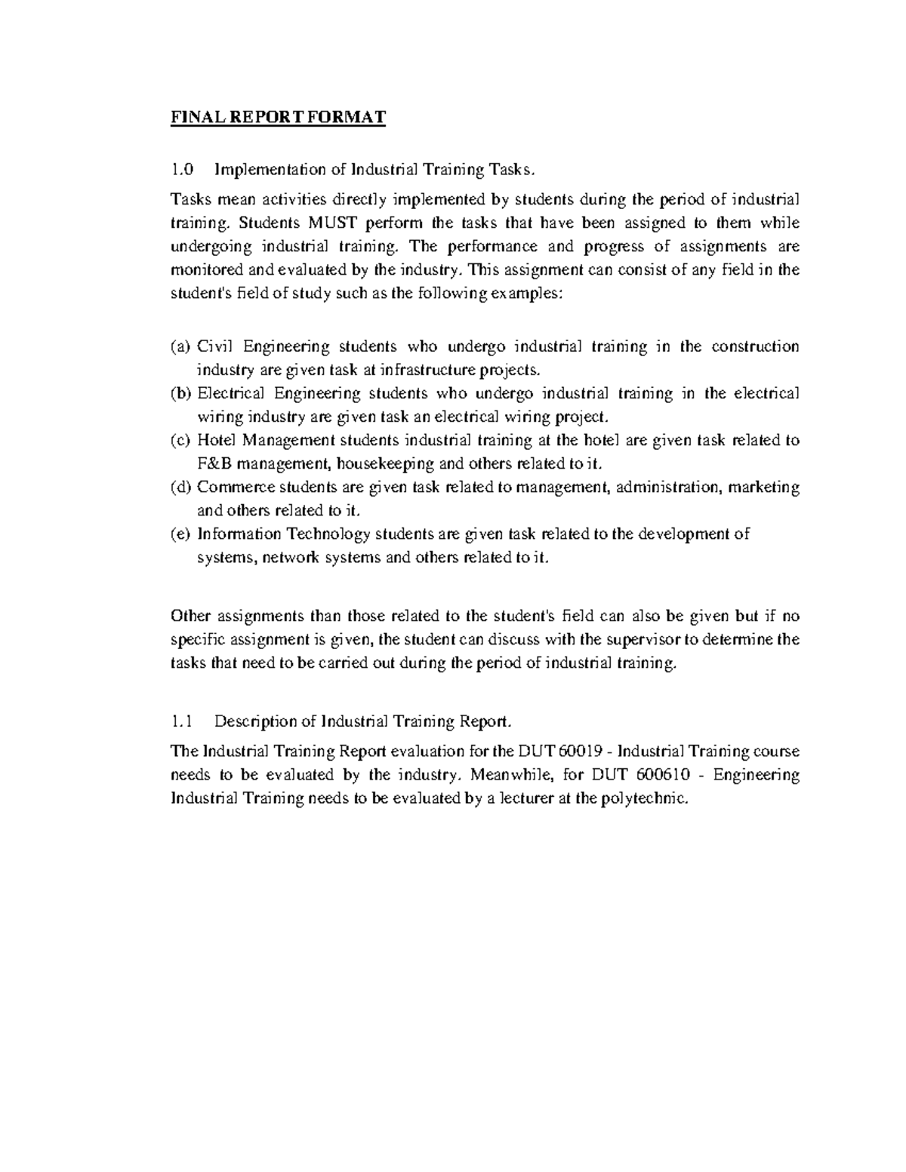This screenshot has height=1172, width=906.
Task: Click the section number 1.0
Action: click(x=182, y=169)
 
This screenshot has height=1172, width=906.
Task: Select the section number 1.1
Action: click(x=182, y=721)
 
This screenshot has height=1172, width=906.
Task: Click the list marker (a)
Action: click(x=180, y=347)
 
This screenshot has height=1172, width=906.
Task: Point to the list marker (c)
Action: click(x=180, y=441)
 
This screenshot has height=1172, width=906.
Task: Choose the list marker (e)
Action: click(x=180, y=534)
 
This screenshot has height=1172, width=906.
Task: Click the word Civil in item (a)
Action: click(x=216, y=347)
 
